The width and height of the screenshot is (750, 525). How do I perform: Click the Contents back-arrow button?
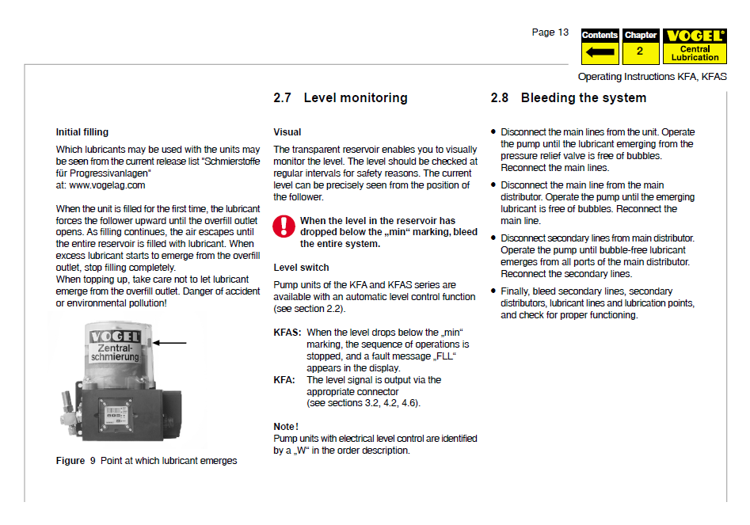pyautogui.click(x=600, y=48)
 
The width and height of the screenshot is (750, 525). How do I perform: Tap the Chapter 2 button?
pyautogui.click(x=640, y=48)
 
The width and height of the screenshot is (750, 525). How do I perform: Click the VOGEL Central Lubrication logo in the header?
pyautogui.click(x=695, y=47)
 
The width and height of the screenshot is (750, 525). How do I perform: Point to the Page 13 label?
pyautogui.click(x=550, y=32)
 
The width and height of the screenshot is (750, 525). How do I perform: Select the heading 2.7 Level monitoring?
pyautogui.click(x=341, y=98)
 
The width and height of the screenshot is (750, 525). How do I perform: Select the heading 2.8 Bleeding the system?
pyautogui.click(x=569, y=98)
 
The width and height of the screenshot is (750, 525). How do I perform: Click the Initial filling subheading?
pyautogui.click(x=82, y=132)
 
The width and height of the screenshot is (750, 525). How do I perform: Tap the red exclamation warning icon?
pyautogui.click(x=283, y=226)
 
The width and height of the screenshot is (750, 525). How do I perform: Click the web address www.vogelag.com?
pyautogui.click(x=101, y=185)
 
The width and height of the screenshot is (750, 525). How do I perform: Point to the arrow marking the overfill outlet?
pyautogui.click(x=172, y=343)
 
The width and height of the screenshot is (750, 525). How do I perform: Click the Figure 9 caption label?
pyautogui.click(x=70, y=461)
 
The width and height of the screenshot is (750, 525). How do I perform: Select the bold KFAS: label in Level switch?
pyautogui.click(x=287, y=333)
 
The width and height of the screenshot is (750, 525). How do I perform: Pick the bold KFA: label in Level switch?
pyautogui.click(x=284, y=380)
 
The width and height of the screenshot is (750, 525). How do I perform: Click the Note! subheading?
pyautogui.click(x=286, y=426)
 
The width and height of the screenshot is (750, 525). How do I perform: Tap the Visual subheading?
pyautogui.click(x=287, y=132)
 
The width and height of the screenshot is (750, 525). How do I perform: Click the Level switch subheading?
pyautogui.click(x=301, y=268)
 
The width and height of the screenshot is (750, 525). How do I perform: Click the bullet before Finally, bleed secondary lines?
pyautogui.click(x=493, y=291)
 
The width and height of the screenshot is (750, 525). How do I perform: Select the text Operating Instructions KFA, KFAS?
pyautogui.click(x=652, y=77)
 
